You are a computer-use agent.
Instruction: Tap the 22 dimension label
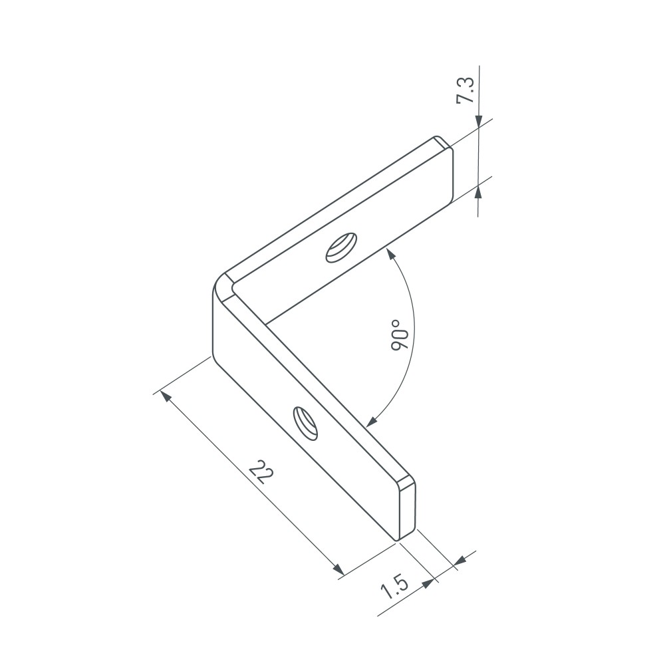pyautogui.click(x=261, y=471)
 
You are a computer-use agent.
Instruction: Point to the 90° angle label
pyautogui.click(x=399, y=335)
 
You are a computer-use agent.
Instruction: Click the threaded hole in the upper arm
pyautogui.click(x=341, y=247)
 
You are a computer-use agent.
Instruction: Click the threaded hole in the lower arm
pyautogui.click(x=305, y=422)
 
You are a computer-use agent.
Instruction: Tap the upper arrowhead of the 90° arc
pyautogui.click(x=390, y=255)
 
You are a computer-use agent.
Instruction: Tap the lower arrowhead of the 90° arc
pyautogui.click(x=371, y=422)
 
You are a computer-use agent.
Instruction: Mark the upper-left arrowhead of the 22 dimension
pyautogui.click(x=166, y=396)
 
